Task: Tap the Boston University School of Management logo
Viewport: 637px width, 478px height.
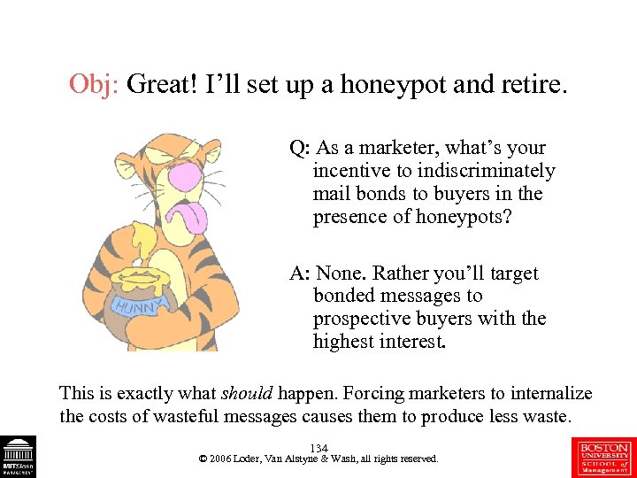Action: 604,457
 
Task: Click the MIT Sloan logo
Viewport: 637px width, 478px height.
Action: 18,457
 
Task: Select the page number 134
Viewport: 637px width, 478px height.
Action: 318,449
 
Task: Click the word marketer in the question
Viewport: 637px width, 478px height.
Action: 398,148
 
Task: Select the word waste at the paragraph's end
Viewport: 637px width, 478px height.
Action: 544,416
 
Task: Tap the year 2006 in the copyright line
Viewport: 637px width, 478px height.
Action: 222,459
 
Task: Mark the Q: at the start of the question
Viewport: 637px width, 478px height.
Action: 299,148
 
